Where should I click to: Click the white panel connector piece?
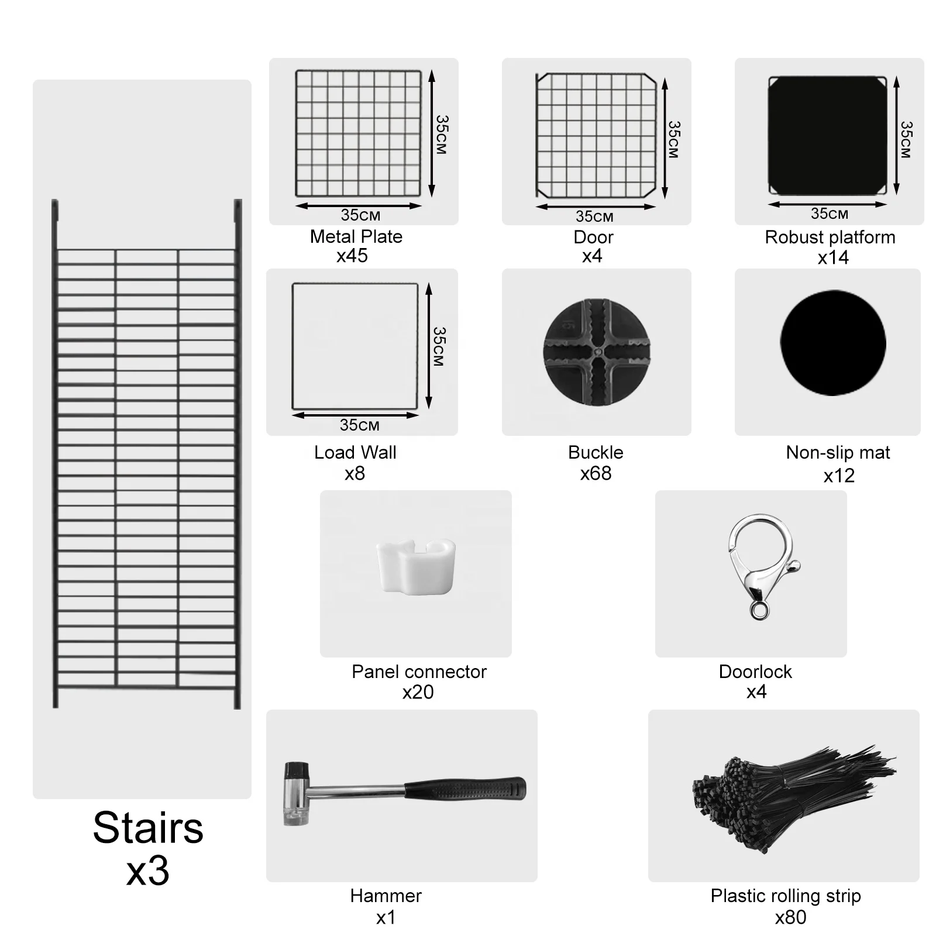[416, 566]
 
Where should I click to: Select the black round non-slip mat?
[832, 343]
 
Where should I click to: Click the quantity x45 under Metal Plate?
[352, 256]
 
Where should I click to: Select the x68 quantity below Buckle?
[596, 473]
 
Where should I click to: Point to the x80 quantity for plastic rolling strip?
[790, 917]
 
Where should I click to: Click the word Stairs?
[148, 828]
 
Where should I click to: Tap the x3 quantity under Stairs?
[147, 871]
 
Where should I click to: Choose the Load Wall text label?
[355, 452]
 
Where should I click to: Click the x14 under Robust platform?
[833, 257]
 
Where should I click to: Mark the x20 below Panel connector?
[418, 692]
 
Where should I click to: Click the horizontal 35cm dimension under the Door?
[594, 216]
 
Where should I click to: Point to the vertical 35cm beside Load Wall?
[440, 346]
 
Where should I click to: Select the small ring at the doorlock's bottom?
[759, 612]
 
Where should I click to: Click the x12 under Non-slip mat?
[839, 476]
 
